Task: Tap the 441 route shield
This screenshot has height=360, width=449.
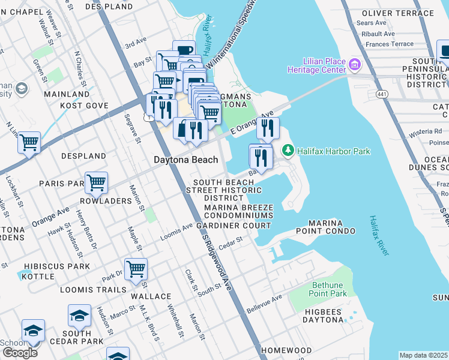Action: (381, 94)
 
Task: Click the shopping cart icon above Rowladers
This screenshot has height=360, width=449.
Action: (96, 182)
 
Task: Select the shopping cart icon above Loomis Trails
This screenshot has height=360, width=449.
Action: (136, 269)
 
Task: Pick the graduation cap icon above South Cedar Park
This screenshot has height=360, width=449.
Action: (79, 315)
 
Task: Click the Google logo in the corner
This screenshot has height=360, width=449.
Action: (20, 352)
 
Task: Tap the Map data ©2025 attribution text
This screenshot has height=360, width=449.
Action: (424, 355)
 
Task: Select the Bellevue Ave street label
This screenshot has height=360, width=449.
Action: (264, 304)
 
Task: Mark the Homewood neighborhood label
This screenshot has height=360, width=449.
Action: (287, 350)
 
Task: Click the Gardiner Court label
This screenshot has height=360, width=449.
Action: (234, 225)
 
